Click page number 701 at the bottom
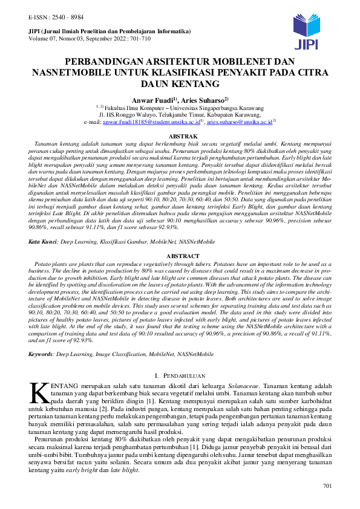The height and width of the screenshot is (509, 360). point(329,487)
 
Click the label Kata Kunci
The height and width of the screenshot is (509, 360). point(42,241)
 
